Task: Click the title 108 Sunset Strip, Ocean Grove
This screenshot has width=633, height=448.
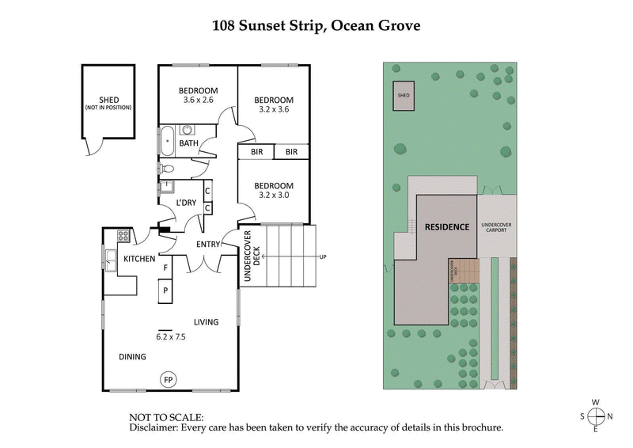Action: click(x=316, y=25)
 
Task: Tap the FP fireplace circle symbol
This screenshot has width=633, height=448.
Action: click(x=168, y=380)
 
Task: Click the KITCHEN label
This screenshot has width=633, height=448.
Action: click(x=139, y=259)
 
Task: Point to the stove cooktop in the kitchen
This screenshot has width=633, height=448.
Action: click(x=124, y=236)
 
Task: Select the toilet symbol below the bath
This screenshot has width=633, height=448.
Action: click(x=167, y=168)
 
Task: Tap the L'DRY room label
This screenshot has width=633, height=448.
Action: click(x=187, y=203)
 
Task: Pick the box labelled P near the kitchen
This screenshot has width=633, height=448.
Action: click(x=165, y=290)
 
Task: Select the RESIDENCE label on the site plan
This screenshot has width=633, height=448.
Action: click(x=447, y=226)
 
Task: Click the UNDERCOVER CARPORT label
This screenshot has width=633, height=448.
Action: click(x=497, y=227)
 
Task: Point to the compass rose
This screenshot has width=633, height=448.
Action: click(x=597, y=416)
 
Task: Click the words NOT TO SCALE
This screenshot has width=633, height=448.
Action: click(x=165, y=416)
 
